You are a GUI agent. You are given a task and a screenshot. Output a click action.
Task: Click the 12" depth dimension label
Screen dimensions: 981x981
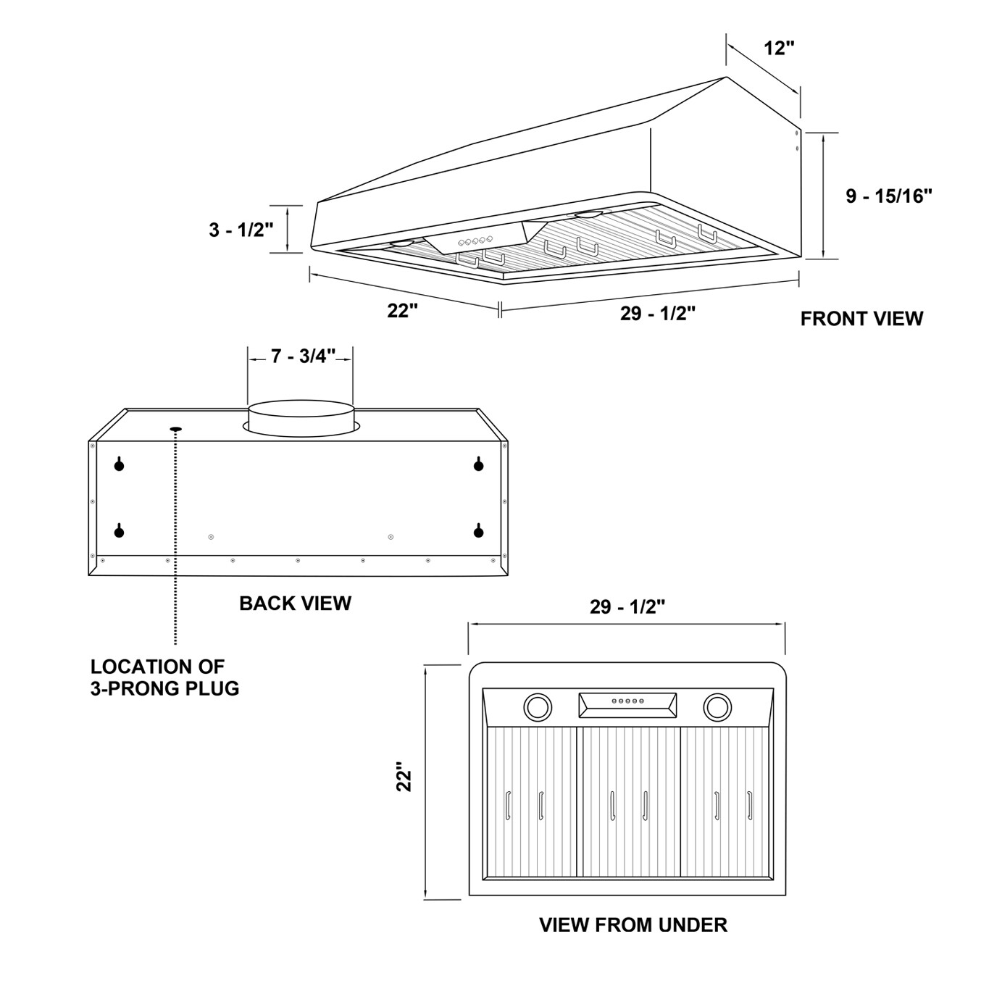pyautogui.click(x=779, y=49)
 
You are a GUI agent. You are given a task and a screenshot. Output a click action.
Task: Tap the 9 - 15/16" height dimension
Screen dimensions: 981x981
pyautogui.click(x=888, y=196)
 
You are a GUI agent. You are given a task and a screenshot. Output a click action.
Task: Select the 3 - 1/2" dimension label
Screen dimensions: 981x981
pyautogui.click(x=241, y=230)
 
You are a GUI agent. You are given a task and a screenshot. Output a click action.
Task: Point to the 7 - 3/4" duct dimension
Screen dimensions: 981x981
pyautogui.click(x=304, y=356)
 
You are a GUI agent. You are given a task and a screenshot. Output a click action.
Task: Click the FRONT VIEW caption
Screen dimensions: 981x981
pyautogui.click(x=861, y=319)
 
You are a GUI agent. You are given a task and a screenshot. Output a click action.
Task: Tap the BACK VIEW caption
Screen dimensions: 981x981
pyautogui.click(x=295, y=604)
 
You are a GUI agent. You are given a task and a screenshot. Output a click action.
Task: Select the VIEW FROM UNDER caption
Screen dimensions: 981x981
pyautogui.click(x=633, y=925)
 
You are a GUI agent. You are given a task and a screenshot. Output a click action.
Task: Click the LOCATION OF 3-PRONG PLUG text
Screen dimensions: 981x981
pyautogui.click(x=164, y=677)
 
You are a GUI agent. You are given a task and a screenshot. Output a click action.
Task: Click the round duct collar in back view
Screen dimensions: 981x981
pyautogui.click(x=301, y=419)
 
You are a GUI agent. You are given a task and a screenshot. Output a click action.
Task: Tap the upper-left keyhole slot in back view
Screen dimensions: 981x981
pyautogui.click(x=120, y=464)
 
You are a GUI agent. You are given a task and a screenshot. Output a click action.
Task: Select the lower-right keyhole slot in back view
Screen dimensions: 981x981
pyautogui.click(x=478, y=532)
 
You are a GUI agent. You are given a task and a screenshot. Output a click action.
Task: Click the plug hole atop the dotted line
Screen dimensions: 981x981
pyautogui.click(x=175, y=429)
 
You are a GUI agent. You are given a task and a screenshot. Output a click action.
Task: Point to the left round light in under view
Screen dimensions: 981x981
pyautogui.click(x=537, y=706)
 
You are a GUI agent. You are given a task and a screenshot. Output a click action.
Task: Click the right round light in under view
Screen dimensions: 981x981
pyautogui.click(x=717, y=706)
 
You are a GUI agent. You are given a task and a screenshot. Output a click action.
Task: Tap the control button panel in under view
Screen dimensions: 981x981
pyautogui.click(x=627, y=701)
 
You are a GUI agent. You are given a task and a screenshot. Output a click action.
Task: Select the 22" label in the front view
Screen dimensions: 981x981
pyautogui.click(x=403, y=310)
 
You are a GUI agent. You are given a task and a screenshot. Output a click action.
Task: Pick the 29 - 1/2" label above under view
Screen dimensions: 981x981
pyautogui.click(x=627, y=607)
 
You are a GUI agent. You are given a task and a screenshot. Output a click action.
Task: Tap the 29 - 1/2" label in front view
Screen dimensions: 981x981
pyautogui.click(x=657, y=314)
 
